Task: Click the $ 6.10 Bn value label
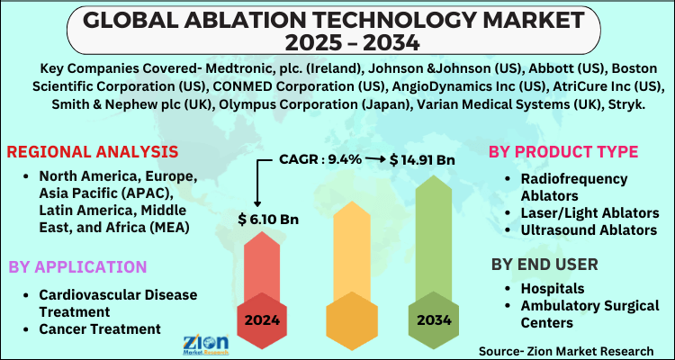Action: click(269, 218)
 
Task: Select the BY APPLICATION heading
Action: click(77, 266)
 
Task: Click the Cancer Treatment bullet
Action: click(100, 328)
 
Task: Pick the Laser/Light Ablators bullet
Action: click(589, 212)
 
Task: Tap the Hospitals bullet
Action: click(553, 289)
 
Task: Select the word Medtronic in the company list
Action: click(225, 68)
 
